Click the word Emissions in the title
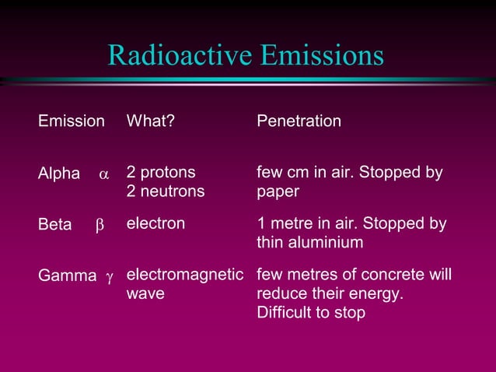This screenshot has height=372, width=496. pyautogui.click(x=322, y=55)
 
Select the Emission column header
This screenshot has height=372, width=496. pyautogui.click(x=72, y=121)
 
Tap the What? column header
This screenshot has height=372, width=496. pyautogui.click(x=150, y=121)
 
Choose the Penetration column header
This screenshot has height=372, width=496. pyautogui.click(x=299, y=121)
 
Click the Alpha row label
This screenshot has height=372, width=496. pyautogui.click(x=59, y=174)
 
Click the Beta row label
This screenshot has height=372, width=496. pyautogui.click(x=55, y=225)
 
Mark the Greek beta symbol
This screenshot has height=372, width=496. pyautogui.click(x=99, y=226)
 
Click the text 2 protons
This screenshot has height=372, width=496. pyautogui.click(x=161, y=172)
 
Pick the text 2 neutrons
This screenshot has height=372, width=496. pyautogui.click(x=166, y=191)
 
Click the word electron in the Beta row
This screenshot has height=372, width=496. pyautogui.click(x=155, y=223)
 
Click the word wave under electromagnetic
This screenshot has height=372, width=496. pyautogui.click(x=145, y=294)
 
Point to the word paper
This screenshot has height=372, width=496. pyautogui.click(x=277, y=191)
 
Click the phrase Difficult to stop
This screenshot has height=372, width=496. pyautogui.click(x=311, y=313)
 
